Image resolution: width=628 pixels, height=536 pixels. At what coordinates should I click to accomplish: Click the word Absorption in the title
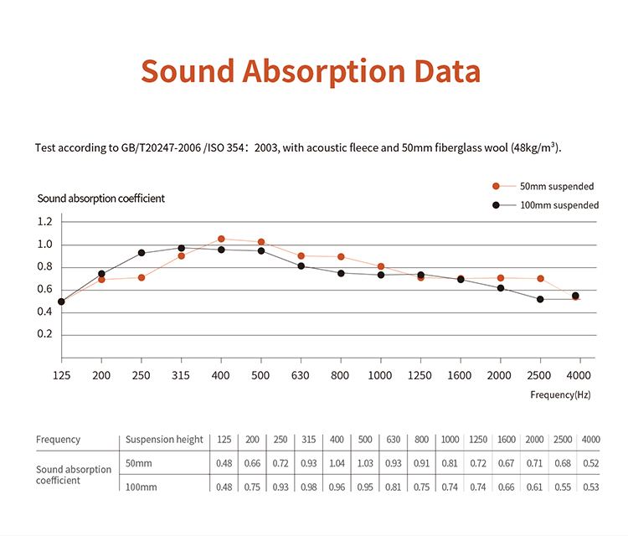323,72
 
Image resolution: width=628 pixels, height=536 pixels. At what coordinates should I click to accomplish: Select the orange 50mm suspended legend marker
496,186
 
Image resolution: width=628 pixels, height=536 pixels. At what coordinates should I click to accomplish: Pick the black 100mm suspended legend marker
496,205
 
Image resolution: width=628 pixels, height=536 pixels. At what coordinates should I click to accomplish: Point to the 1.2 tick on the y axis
44,222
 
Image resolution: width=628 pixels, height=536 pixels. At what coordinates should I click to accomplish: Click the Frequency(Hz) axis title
560,393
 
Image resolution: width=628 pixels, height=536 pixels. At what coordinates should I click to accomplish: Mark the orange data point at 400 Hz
221,239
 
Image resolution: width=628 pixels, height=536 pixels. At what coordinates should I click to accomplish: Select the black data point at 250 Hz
142,253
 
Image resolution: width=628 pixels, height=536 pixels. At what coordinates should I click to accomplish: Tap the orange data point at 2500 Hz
540,278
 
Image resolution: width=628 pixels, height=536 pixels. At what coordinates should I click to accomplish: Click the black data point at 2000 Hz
501,288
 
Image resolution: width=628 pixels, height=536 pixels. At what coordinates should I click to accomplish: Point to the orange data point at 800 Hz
341,256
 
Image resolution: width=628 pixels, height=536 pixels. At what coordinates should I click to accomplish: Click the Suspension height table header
164,440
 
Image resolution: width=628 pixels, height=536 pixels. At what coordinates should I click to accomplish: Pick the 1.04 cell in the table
336,463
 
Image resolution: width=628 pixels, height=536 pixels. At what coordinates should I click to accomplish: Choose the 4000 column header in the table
590,440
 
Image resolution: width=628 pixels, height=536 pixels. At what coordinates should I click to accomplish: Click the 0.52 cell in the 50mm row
590,463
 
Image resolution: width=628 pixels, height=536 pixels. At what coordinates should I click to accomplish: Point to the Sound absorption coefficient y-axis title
100,198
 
